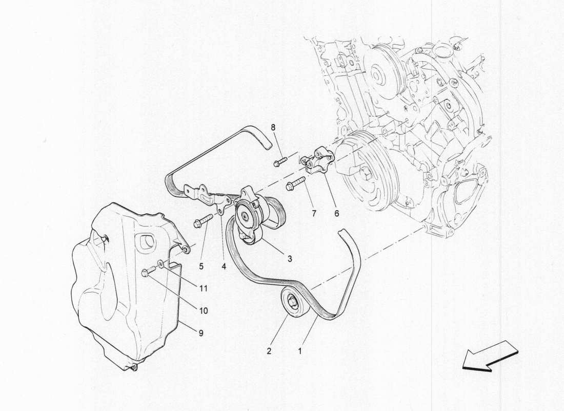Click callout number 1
(x=300, y=353)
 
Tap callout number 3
(x=290, y=259)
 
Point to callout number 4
(x=224, y=266)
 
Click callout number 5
(x=202, y=266)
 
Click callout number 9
(x=201, y=333)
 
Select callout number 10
(x=204, y=311)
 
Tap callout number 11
(x=204, y=289)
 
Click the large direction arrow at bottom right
(x=490, y=356)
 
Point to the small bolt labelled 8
(x=279, y=163)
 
